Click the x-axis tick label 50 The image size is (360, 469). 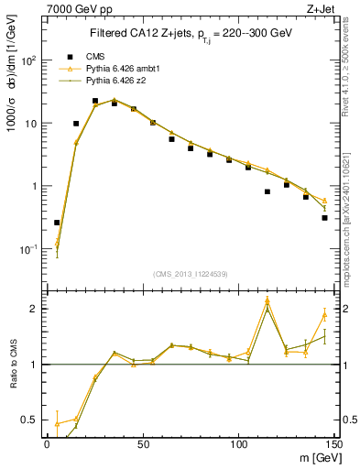click(143, 443)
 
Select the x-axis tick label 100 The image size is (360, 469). click(238, 443)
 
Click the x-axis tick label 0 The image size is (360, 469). click(47, 443)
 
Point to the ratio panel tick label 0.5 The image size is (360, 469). click(30, 420)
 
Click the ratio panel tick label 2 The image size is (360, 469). click(35, 309)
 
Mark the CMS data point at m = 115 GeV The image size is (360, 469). click(267, 191)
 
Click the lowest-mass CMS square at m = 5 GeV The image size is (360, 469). click(57, 223)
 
